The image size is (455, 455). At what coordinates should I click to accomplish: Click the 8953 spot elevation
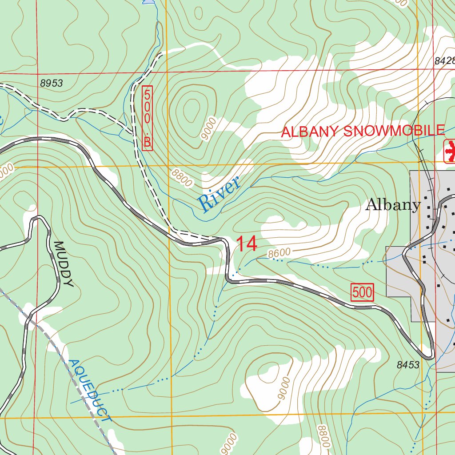tap(51, 83)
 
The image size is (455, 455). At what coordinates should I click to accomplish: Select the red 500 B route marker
tap(148, 118)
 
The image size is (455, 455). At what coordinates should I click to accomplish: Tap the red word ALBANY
tap(310, 132)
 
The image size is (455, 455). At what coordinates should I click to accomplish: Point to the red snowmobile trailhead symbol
tap(450, 151)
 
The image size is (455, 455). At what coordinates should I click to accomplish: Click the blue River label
tap(219, 194)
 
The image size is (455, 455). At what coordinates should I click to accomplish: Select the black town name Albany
tap(393, 205)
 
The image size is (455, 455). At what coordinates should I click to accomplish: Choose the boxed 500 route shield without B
tap(363, 292)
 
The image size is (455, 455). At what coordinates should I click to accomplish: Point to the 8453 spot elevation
tap(407, 365)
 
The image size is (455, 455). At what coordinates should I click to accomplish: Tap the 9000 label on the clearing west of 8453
tap(284, 388)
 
